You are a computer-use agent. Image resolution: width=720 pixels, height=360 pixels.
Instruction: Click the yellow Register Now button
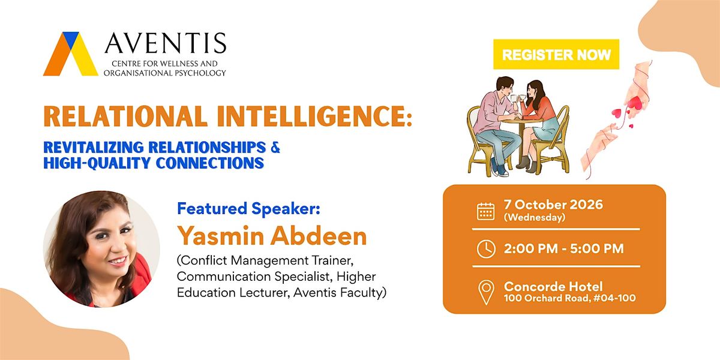(x=556, y=54)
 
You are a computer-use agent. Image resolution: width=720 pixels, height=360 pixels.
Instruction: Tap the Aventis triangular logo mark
(x=71, y=54)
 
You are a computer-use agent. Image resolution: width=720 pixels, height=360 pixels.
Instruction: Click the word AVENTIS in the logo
(x=166, y=43)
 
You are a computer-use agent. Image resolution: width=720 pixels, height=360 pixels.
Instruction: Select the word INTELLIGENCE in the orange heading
(x=314, y=116)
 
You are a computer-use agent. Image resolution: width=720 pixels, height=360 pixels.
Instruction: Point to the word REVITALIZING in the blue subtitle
(x=93, y=147)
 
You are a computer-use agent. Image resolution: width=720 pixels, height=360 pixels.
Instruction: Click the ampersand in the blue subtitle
(x=275, y=147)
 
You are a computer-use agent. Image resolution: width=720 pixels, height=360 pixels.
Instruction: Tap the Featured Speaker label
(x=248, y=208)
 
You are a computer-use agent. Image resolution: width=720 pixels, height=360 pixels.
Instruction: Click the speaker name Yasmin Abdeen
(x=272, y=236)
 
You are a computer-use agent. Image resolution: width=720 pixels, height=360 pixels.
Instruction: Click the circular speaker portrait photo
(x=101, y=249)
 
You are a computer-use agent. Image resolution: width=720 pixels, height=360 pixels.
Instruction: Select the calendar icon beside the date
(x=485, y=211)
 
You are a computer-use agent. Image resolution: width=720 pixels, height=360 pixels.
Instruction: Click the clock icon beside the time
(x=486, y=249)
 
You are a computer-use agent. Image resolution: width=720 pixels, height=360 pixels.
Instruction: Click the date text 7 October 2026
(x=553, y=205)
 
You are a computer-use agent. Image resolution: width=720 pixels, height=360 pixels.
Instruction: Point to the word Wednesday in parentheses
(x=535, y=218)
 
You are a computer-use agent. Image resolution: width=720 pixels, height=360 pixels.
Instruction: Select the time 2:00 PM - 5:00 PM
(x=564, y=248)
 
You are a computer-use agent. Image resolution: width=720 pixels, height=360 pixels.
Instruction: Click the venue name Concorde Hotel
(x=553, y=286)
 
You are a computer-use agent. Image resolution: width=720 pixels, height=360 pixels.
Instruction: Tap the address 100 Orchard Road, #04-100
(x=569, y=298)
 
